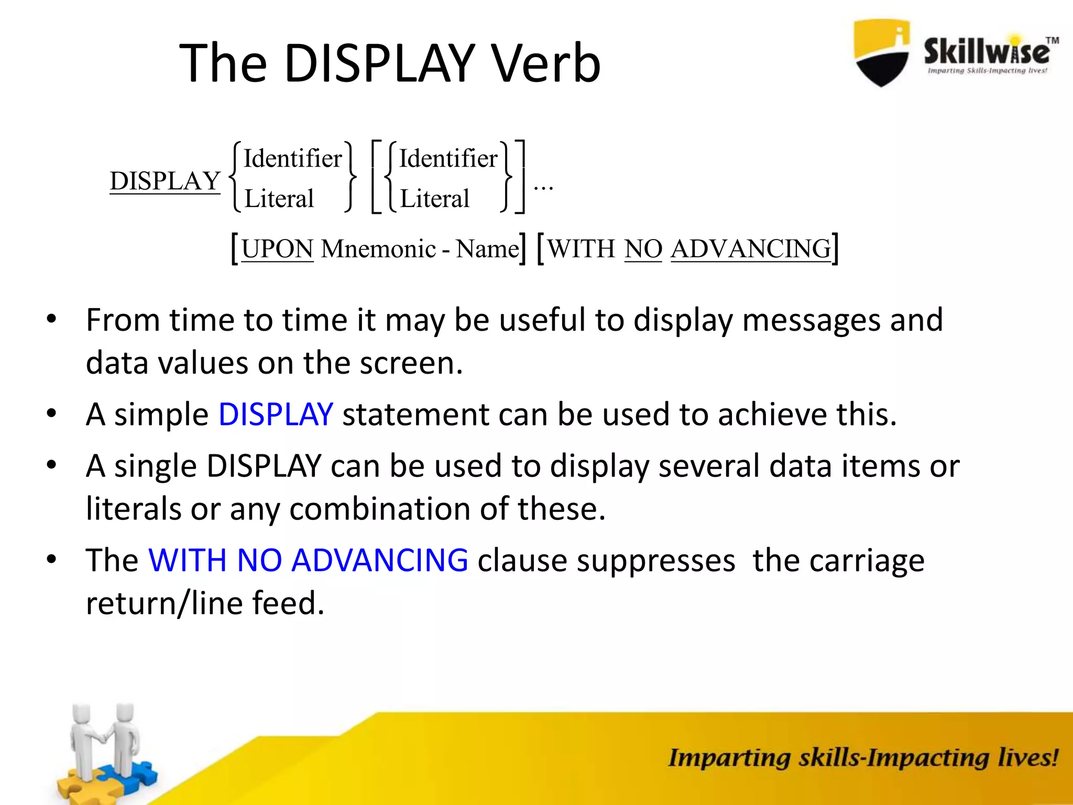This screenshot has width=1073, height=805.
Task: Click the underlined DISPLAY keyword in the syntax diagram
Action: (x=165, y=181)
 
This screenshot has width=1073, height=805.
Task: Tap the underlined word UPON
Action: (x=277, y=249)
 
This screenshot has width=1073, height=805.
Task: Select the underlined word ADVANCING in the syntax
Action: (x=750, y=249)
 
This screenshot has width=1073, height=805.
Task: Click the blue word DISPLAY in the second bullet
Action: (x=276, y=415)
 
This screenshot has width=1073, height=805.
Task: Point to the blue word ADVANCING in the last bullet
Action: (x=379, y=560)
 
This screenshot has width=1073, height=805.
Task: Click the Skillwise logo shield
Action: (x=882, y=52)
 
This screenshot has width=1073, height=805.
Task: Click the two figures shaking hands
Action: (x=105, y=744)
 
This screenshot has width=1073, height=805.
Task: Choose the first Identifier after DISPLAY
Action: (x=292, y=159)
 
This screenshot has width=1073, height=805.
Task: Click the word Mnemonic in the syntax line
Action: (x=378, y=249)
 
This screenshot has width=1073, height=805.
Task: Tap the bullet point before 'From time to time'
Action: (x=51, y=319)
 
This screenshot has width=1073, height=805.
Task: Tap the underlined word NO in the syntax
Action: (x=643, y=249)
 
